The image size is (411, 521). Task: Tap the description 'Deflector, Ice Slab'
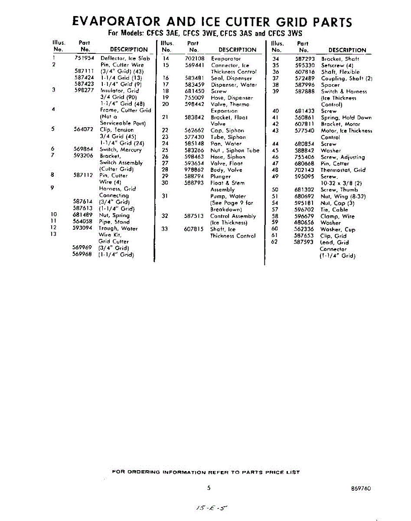[x=125, y=58]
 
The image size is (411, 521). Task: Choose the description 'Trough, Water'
[x=118, y=228]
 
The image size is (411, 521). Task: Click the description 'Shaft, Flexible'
[x=340, y=72]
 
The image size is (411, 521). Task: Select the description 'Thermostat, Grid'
[x=343, y=170]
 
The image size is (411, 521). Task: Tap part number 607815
[x=194, y=229]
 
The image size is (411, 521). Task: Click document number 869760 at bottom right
[x=361, y=488]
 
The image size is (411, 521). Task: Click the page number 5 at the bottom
[x=209, y=488]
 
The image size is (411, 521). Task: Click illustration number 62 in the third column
[x=274, y=242]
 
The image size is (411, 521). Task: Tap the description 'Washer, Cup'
[x=337, y=229]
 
